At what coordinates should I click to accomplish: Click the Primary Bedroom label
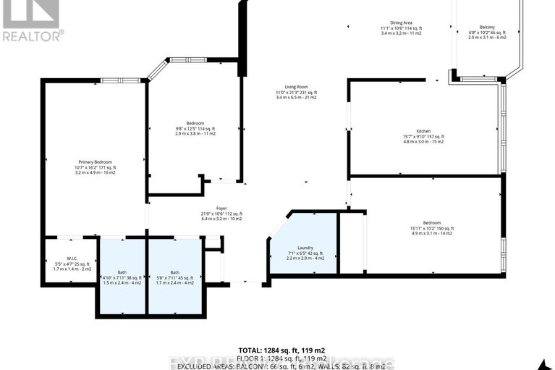pyautogui.click(x=96, y=161)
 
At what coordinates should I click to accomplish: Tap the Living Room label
pyautogui.click(x=297, y=87)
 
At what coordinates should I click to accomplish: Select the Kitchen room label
pyautogui.click(x=423, y=131)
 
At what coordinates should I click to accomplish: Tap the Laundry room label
pyautogui.click(x=305, y=248)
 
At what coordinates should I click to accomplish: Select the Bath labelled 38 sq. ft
pyautogui.click(x=122, y=272)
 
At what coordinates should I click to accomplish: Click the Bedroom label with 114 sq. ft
pyautogui.click(x=195, y=122)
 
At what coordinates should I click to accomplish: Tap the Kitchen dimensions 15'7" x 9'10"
pyautogui.click(x=423, y=137)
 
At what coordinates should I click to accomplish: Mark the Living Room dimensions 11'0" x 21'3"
pyautogui.click(x=297, y=93)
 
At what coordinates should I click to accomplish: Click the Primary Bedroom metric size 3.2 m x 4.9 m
pyautogui.click(x=96, y=172)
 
